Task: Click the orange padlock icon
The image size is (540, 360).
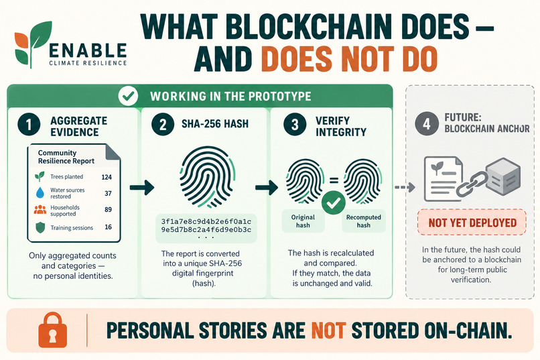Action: click(x=53, y=330)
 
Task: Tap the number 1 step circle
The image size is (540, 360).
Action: click(x=29, y=125)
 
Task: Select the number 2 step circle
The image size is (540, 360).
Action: click(x=163, y=125)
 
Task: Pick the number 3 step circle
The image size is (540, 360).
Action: click(x=295, y=125)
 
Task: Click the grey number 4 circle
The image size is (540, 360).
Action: click(x=426, y=123)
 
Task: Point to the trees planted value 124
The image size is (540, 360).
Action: click(x=107, y=177)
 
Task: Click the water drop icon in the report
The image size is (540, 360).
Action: click(x=40, y=192)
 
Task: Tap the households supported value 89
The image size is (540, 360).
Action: click(x=108, y=209)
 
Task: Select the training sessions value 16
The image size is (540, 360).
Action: click(x=108, y=227)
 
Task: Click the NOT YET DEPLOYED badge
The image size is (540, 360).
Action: click(x=472, y=222)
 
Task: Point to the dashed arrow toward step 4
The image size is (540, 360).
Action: click(x=405, y=187)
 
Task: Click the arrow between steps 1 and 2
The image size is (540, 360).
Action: click(x=142, y=188)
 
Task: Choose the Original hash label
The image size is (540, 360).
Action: click(x=303, y=221)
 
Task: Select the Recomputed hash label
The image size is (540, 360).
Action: click(x=363, y=221)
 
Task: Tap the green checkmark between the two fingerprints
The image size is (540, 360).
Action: click(x=334, y=203)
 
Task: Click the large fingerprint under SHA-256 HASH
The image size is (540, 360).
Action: click(x=206, y=178)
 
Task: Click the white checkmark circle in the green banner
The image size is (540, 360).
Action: click(x=128, y=96)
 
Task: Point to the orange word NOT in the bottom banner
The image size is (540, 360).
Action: click(x=328, y=331)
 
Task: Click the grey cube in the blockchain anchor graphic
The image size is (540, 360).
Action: click(x=504, y=176)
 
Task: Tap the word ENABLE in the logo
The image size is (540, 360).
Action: click(x=88, y=51)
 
